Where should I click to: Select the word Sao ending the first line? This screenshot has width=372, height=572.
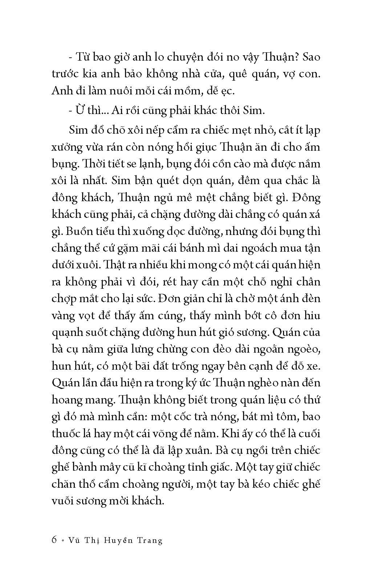311,57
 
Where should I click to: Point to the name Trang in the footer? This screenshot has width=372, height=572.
150,540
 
